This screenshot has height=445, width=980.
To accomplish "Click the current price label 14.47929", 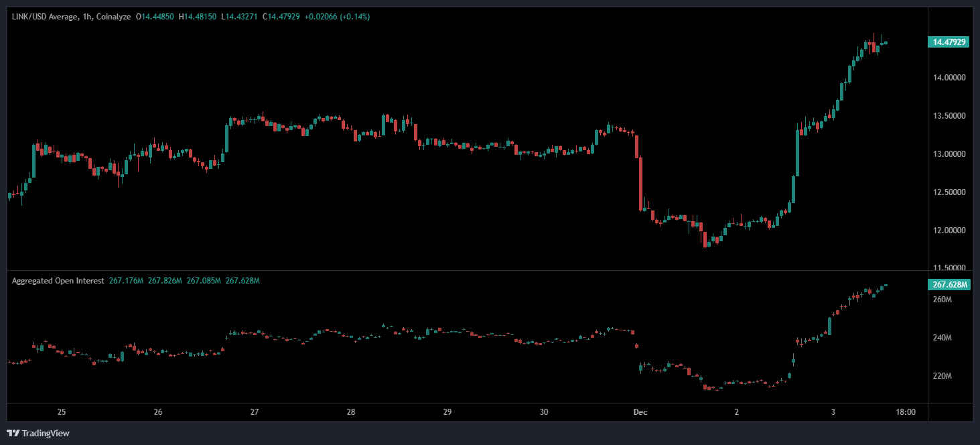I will pyautogui.click(x=950, y=42).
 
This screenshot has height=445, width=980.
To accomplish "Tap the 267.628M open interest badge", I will pyautogui.click(x=950, y=285).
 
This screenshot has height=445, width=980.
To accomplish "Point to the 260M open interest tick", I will pyautogui.click(x=942, y=300).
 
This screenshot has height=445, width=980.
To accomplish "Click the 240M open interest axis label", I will pyautogui.click(x=942, y=338).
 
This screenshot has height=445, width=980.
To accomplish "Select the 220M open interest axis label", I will pyautogui.click(x=942, y=376).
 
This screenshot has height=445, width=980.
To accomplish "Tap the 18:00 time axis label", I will pyautogui.click(x=906, y=412).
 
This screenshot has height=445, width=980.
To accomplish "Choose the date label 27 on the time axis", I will pyautogui.click(x=255, y=412).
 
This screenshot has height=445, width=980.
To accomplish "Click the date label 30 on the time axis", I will pyautogui.click(x=544, y=412).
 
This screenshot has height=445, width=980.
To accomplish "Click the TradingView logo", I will pyautogui.click(x=38, y=433).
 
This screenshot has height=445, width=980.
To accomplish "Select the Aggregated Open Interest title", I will pyautogui.click(x=58, y=281).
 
